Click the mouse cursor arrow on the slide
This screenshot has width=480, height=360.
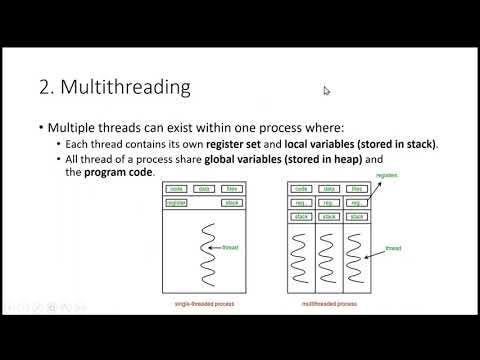pyautogui.click(x=327, y=91)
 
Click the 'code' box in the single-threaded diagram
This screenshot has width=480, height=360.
pyautogui.click(x=176, y=188)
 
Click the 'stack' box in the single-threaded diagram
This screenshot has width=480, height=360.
pyautogui.click(x=231, y=202)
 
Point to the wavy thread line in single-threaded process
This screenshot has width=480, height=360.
pyautogui.click(x=207, y=242)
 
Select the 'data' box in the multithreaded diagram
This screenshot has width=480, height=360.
pyautogui.click(x=328, y=188)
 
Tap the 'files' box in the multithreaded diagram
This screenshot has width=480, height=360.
pyautogui.click(x=358, y=188)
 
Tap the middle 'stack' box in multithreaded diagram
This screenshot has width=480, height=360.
pyautogui.click(x=328, y=215)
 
